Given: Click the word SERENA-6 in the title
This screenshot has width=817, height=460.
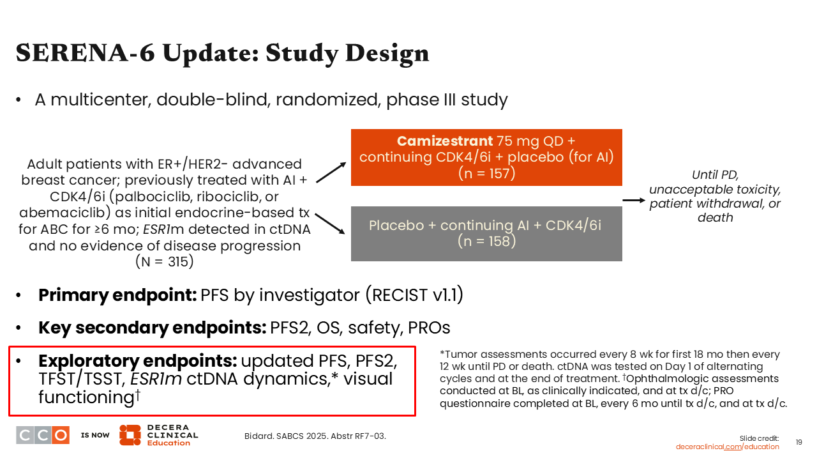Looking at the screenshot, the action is (86, 53).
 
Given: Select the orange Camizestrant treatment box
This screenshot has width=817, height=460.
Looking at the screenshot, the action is (486, 157).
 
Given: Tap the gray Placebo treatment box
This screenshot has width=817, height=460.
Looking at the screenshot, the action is (486, 234).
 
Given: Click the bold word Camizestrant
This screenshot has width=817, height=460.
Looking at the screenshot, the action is (445, 141).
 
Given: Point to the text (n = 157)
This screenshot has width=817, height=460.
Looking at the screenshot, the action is (486, 173).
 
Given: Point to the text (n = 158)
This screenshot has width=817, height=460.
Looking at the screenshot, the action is (486, 241).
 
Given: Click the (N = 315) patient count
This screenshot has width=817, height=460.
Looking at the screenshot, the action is (165, 261).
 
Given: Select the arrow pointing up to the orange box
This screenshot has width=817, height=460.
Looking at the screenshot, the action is (331, 172).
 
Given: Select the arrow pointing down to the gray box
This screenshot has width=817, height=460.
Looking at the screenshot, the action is (330, 224).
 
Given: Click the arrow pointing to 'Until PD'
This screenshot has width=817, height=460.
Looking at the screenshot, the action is (634, 200).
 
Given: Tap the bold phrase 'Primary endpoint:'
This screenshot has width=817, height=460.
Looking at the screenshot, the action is (118, 295).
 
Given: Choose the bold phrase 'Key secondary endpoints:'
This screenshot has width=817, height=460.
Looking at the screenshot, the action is (153, 328).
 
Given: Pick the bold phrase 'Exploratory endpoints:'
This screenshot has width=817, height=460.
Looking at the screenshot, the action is (138, 361).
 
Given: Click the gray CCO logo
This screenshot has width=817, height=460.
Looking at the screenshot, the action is (43, 435).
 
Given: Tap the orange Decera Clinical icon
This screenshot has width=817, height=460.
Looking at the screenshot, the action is (130, 435).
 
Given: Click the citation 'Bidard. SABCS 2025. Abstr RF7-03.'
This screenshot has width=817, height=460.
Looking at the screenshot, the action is (315, 436).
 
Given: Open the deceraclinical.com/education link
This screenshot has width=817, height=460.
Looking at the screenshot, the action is (727, 447).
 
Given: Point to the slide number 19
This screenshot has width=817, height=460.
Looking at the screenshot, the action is (798, 442).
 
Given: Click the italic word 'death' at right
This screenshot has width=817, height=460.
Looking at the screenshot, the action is (716, 218).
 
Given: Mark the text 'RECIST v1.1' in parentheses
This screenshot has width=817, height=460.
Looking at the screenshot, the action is (415, 295).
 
